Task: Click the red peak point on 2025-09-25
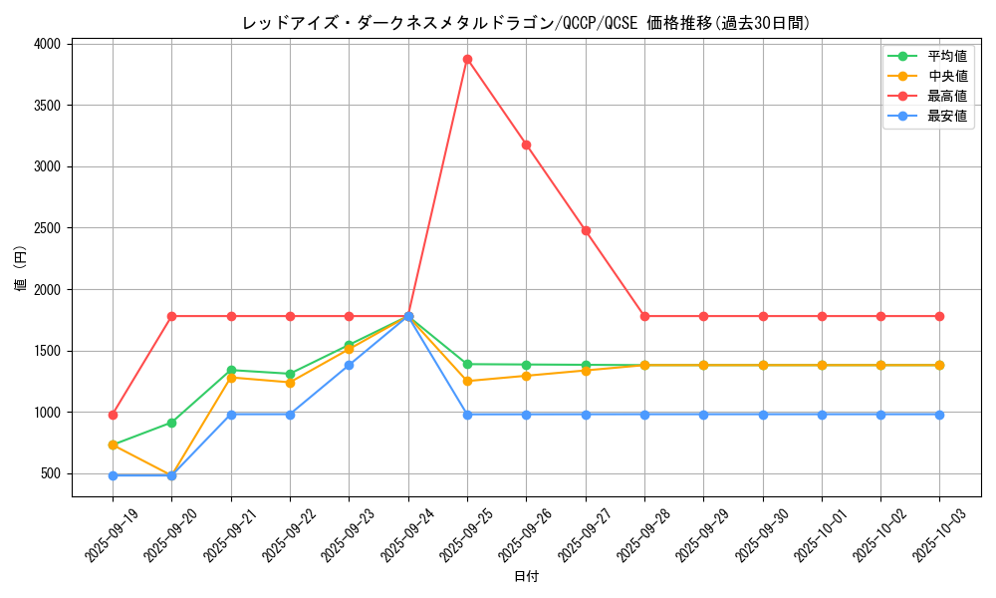click(467, 59)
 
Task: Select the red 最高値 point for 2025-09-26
click(526, 145)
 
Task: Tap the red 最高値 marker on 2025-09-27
click(586, 230)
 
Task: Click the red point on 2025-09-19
click(113, 415)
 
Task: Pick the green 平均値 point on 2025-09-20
click(171, 423)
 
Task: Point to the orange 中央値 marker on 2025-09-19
click(113, 445)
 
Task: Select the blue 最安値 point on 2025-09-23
click(349, 365)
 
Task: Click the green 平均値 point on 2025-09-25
click(467, 364)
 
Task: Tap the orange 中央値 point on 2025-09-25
click(467, 381)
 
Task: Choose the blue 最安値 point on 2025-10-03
click(939, 415)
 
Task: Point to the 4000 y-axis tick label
click(46, 44)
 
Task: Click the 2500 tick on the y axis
click(46, 228)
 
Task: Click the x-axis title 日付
click(526, 577)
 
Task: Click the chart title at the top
click(526, 23)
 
